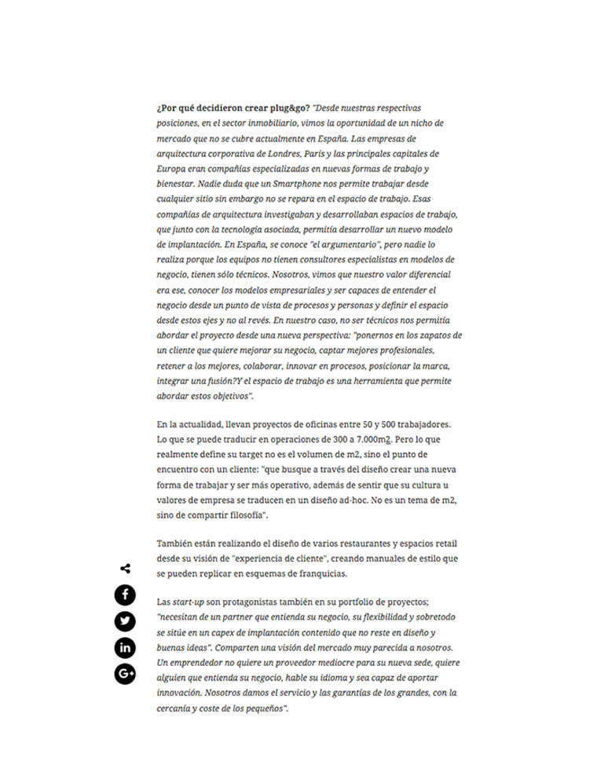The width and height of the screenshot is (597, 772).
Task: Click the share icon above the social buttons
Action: pyautogui.click(x=126, y=569)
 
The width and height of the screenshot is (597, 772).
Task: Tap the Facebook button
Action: pyautogui.click(x=126, y=595)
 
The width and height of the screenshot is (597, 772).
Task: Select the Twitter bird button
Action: pyautogui.click(x=126, y=621)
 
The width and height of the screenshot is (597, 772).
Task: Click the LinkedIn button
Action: pyautogui.click(x=126, y=647)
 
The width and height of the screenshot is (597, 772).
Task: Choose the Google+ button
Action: pyautogui.click(x=126, y=673)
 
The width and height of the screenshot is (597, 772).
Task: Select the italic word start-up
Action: pyautogui.click(x=189, y=601)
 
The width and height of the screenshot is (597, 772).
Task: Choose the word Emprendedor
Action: pyautogui.click(x=191, y=663)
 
